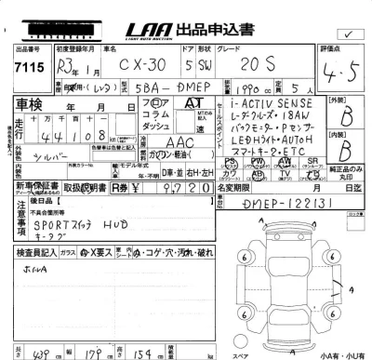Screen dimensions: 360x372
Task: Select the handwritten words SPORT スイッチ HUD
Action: pyautogui.click(x=76, y=225)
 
